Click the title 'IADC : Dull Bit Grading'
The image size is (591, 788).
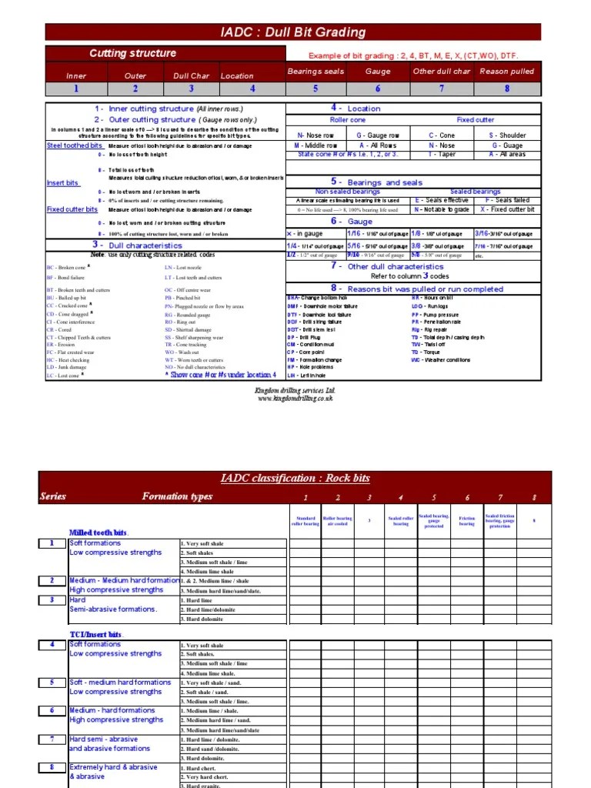293,32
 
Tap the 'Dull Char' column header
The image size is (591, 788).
191,75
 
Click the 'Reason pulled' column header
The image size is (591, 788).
506,72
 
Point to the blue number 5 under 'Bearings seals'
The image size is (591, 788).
315,88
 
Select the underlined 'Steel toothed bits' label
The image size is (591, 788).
75,145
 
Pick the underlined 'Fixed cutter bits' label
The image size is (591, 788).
72,209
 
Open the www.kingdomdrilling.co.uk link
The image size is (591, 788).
295,399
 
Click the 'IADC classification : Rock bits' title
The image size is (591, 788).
295,478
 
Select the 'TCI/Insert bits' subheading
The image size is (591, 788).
96,635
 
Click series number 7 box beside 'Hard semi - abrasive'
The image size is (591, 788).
52,739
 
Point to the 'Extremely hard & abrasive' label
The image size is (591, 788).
113,767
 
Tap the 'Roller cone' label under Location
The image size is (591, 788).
348,120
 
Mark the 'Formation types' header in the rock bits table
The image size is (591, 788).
177,496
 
